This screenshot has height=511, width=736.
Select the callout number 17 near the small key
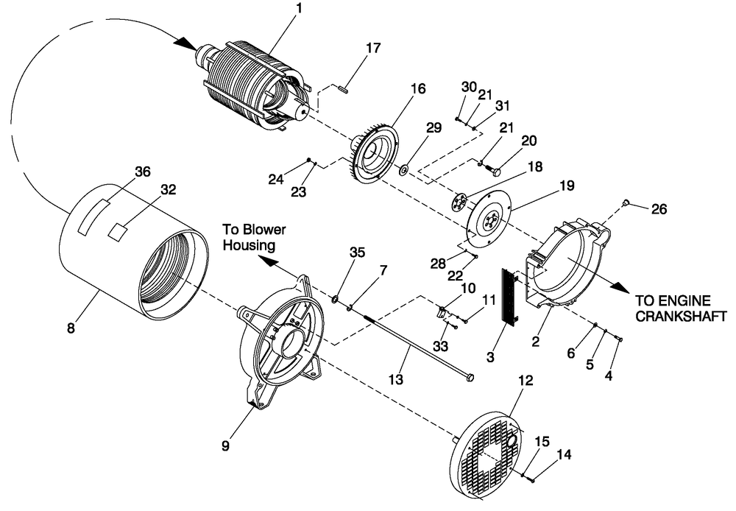coord(373,49)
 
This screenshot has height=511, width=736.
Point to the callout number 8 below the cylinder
coord(71,328)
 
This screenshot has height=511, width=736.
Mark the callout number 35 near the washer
coord(357,252)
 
